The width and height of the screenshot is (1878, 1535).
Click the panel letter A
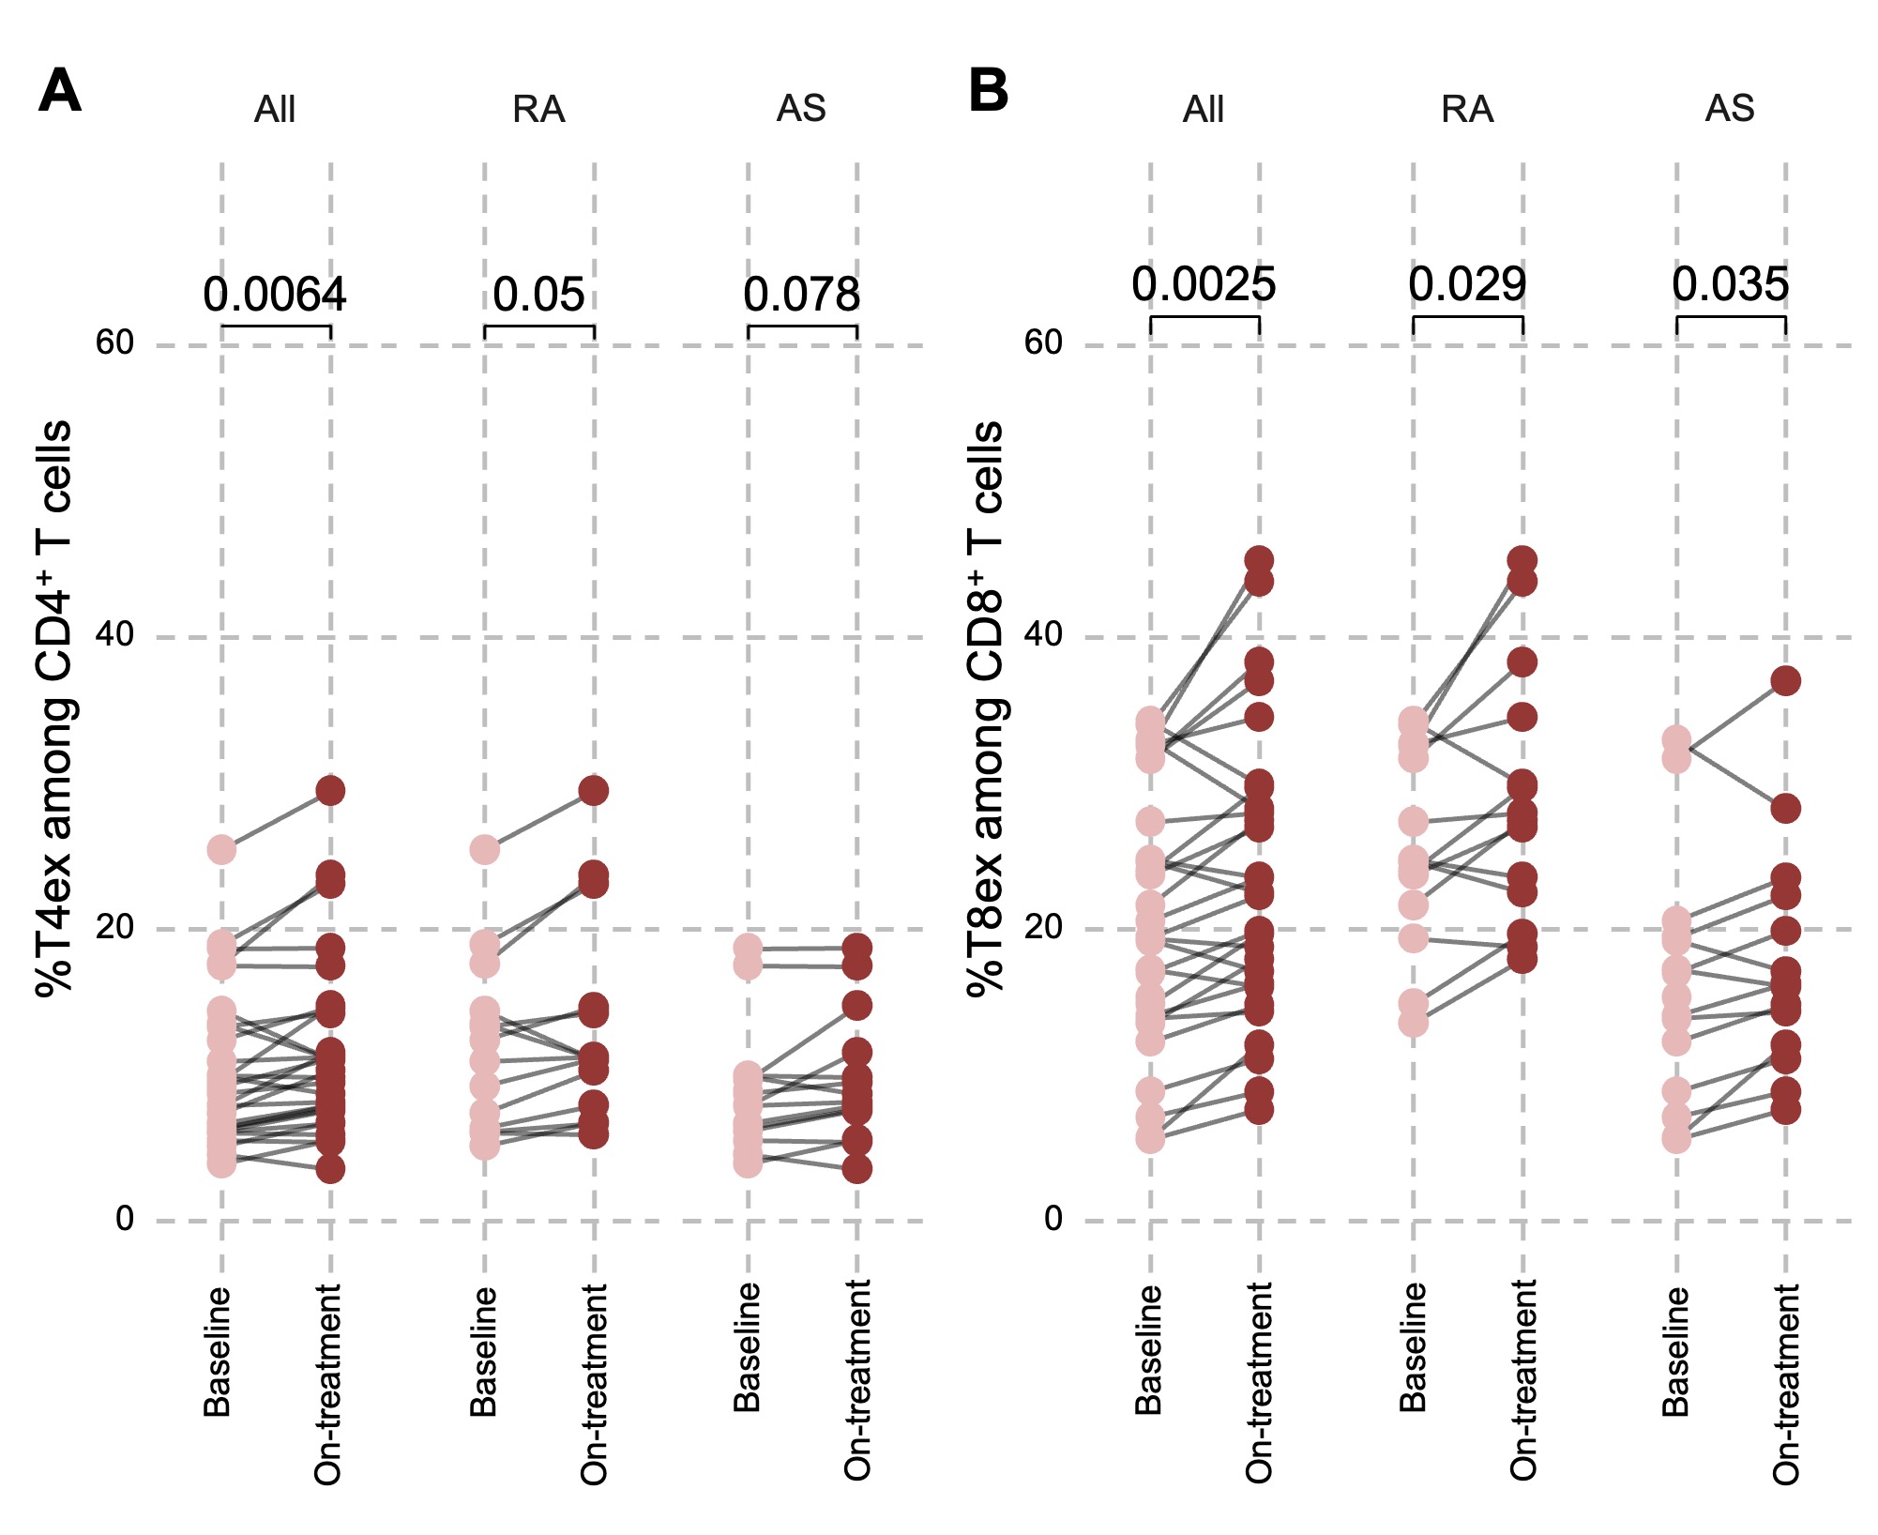[59, 91]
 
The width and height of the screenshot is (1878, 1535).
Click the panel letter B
[988, 91]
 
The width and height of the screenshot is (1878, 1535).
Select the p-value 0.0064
[275, 295]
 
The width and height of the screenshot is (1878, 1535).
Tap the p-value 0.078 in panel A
[801, 295]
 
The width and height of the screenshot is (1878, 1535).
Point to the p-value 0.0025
[1204, 284]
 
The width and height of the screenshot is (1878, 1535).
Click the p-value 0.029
[1467, 284]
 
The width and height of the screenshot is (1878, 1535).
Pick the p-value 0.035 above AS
[1730, 284]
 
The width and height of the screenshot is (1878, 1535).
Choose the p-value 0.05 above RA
[538, 295]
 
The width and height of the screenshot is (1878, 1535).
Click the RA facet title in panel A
[538, 110]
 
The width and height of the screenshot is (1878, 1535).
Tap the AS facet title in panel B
[1730, 109]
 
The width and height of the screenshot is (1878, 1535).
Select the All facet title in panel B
[1204, 110]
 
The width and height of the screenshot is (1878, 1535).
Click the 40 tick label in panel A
[114, 635]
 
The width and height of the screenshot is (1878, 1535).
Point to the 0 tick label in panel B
[1053, 1219]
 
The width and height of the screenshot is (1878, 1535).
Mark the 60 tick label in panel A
[114, 343]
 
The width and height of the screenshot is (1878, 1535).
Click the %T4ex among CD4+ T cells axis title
[54, 708]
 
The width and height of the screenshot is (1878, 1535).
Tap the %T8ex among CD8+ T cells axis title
[985, 708]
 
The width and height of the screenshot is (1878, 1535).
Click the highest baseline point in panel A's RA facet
[485, 851]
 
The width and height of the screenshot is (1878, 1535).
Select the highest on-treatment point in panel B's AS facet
[1785, 680]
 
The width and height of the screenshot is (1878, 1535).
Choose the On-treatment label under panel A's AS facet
[857, 1379]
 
